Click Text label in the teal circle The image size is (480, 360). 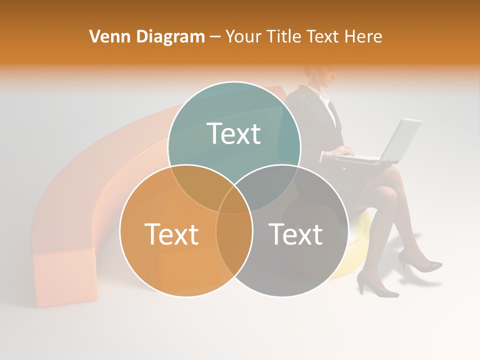233,134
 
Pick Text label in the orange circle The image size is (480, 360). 171,234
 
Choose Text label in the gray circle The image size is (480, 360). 295,234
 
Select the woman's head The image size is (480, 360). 320,75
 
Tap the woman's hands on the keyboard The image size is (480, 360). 345,151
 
